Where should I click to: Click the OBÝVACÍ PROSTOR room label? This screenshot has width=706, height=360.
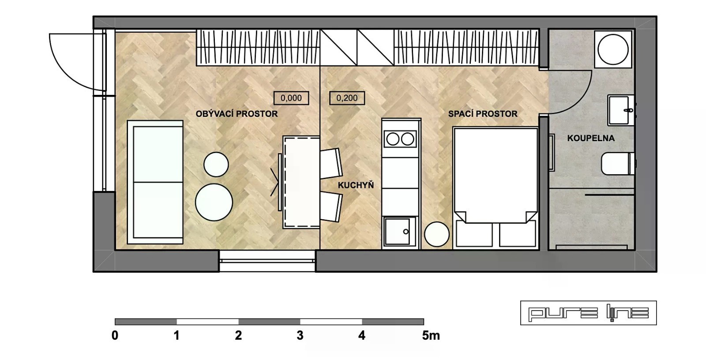(237, 114)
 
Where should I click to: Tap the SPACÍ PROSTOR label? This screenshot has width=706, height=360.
(483, 114)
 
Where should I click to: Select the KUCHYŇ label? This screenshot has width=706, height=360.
(356, 185)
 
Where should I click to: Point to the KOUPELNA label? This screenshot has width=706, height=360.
(591, 138)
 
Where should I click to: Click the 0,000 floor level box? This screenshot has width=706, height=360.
(291, 98)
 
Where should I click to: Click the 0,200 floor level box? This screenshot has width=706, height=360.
(347, 98)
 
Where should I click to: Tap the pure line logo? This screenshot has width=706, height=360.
(589, 313)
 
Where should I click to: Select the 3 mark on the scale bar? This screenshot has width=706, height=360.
(300, 335)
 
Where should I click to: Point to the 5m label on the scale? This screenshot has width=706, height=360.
(431, 335)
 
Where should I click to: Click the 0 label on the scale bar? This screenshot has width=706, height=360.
(115, 335)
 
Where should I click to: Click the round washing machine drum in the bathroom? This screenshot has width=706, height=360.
(613, 49)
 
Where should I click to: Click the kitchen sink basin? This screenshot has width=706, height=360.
(397, 232)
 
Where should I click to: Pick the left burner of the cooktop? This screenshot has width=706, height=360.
(393, 139)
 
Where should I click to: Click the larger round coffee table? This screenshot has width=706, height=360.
(214, 202)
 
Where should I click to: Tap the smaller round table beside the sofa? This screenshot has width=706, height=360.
(216, 164)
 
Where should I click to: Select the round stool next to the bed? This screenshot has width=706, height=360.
(436, 234)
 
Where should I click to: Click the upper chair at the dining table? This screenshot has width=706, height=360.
(331, 163)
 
